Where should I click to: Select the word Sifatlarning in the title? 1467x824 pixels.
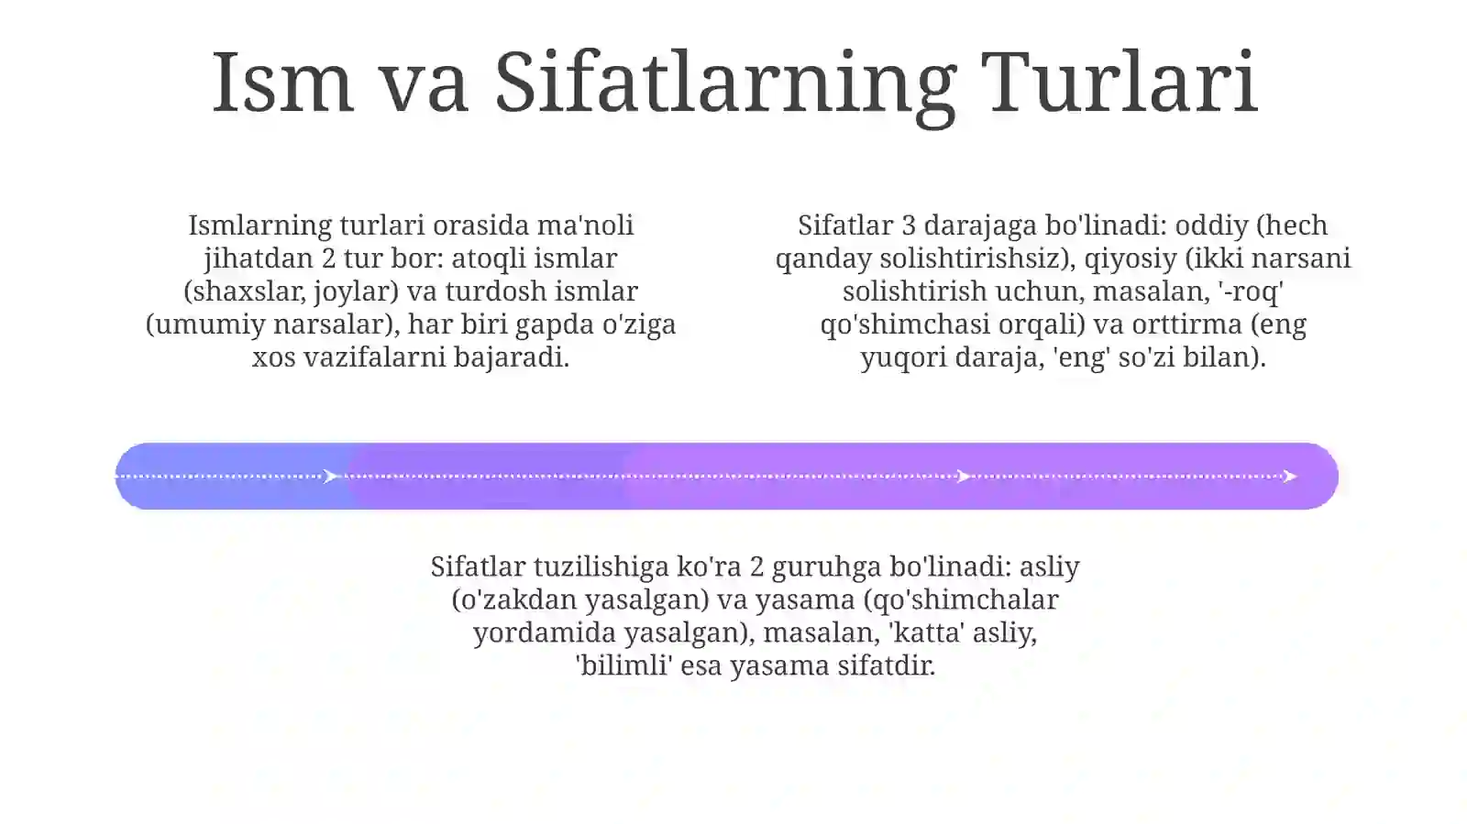(x=724, y=84)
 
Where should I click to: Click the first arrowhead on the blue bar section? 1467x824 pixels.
(x=331, y=476)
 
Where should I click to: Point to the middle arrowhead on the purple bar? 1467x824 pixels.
(x=963, y=476)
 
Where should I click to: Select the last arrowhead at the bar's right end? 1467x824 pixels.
(x=1290, y=476)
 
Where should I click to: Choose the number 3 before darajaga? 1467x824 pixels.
(x=909, y=225)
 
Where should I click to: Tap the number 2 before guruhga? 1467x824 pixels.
(x=756, y=566)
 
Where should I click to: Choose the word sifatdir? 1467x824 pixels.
(x=887, y=665)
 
